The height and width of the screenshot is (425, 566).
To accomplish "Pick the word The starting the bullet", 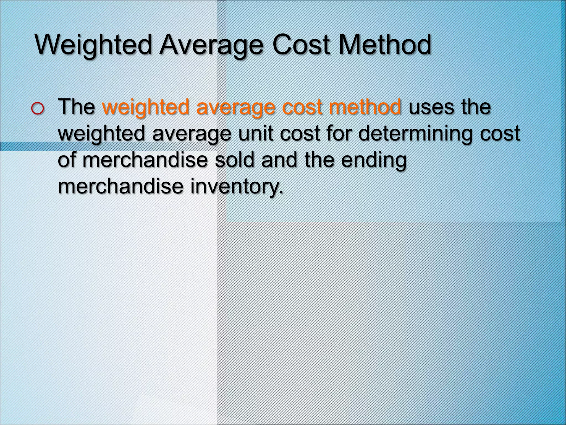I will click(x=76, y=107).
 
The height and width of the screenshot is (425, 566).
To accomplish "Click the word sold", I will click(x=234, y=160).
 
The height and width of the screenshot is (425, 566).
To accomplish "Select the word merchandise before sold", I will click(x=145, y=160).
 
